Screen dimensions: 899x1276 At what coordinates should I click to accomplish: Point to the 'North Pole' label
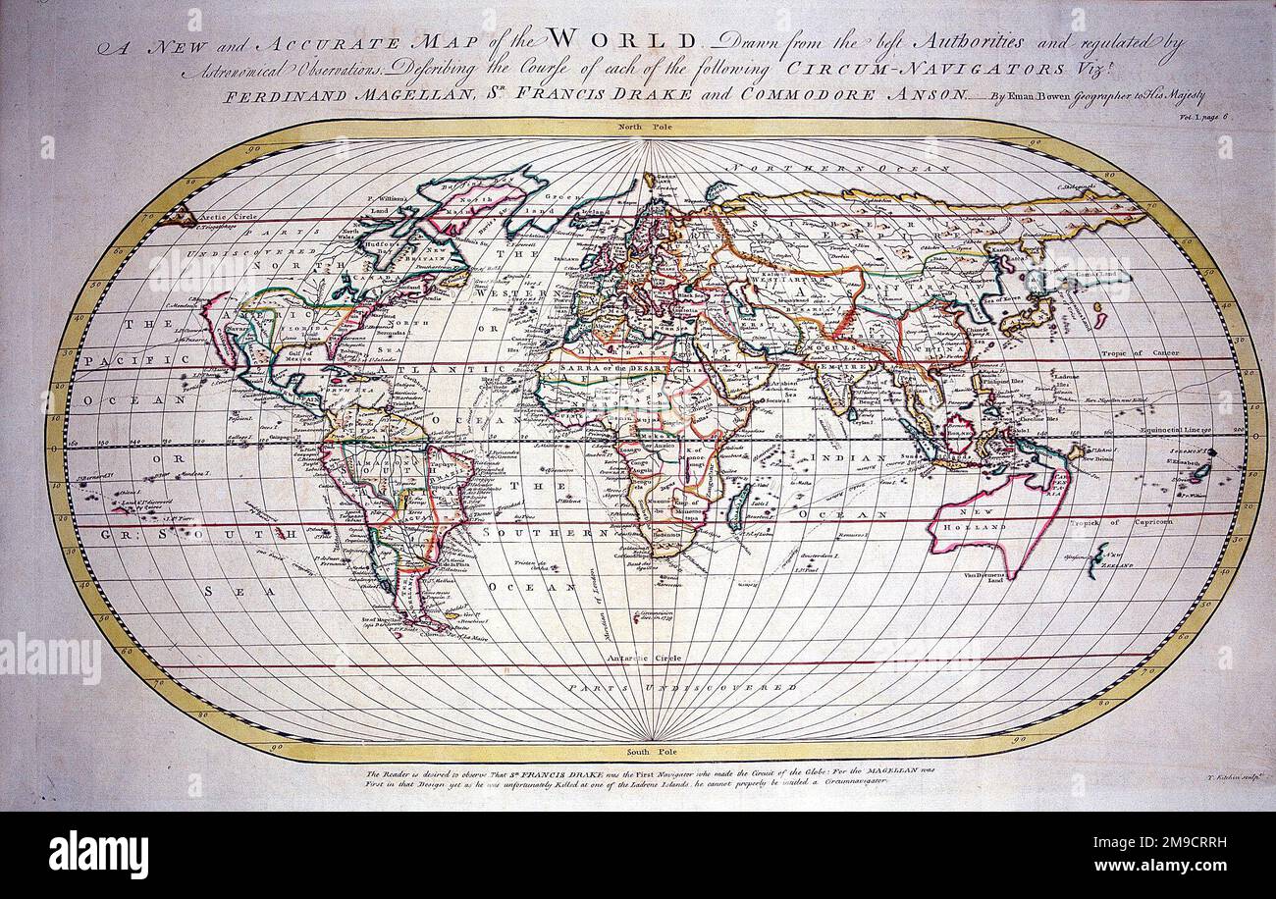coord(642,128)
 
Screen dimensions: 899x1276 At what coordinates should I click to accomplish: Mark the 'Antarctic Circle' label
coord(643,659)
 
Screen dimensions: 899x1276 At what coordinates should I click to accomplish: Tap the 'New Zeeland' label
coord(1113,562)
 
